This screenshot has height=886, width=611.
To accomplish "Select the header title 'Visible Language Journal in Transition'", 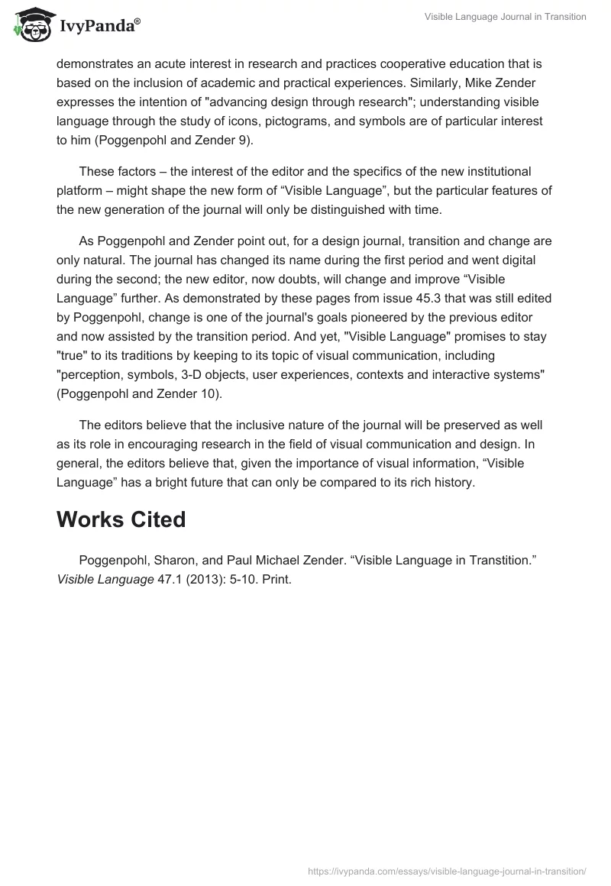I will pyautogui.click(x=505, y=18).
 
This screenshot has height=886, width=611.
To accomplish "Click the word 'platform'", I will pyautogui.click(x=81, y=189).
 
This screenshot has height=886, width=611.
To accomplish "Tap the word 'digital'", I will pyautogui.click(x=530, y=259).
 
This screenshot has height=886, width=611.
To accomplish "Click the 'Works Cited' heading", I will pyautogui.click(x=121, y=519).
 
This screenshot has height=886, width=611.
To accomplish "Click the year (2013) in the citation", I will pyautogui.click(x=200, y=580).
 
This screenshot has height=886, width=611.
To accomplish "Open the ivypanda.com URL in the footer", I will pyautogui.click(x=447, y=871).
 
